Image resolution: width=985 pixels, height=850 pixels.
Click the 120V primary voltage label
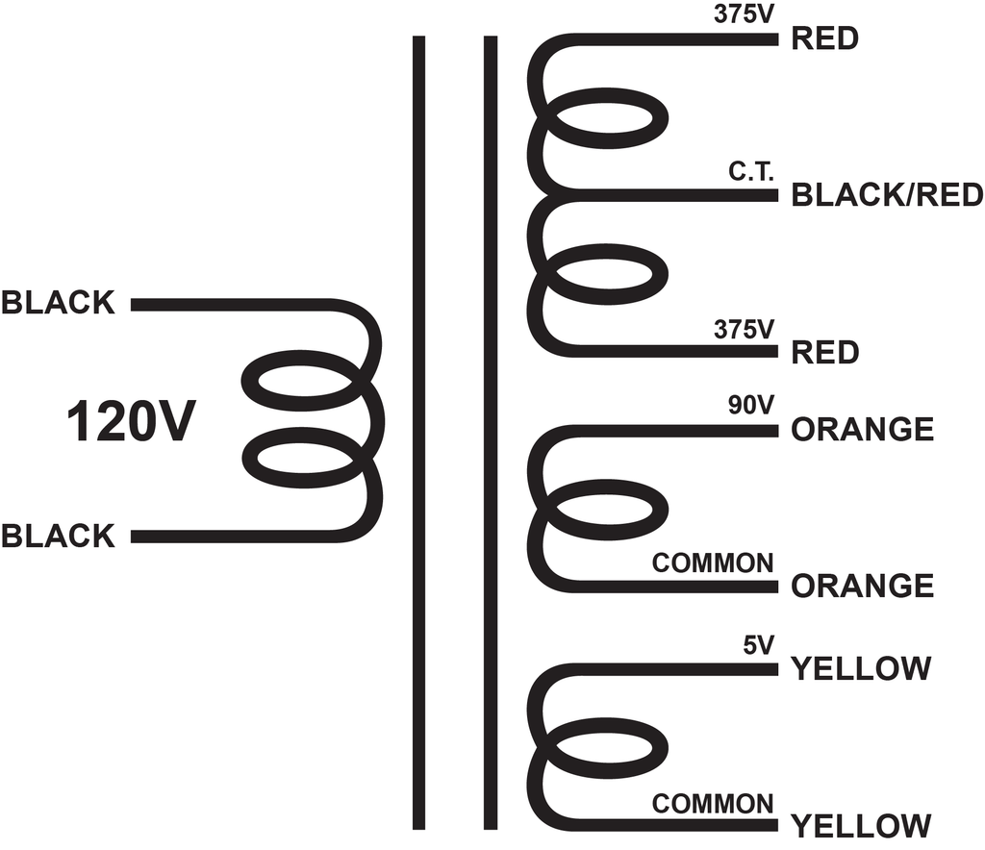pos(131,421)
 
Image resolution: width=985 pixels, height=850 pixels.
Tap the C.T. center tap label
pos(750,171)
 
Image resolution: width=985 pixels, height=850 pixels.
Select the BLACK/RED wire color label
pos(887,195)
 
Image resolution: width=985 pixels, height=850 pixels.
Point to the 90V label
pos(750,406)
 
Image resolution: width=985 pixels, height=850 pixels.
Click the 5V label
pos(758,645)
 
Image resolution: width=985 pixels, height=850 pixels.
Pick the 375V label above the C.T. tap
pos(744,14)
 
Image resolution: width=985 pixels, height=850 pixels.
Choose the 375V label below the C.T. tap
pos(744,329)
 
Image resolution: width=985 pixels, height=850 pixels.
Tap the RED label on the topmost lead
pos(824,38)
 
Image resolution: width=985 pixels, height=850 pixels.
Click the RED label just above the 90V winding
pos(824,352)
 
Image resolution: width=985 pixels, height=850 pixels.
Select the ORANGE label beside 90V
pos(863,430)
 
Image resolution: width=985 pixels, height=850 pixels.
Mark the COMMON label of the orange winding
pos(713,563)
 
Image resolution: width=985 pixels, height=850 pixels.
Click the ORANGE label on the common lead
pos(863,586)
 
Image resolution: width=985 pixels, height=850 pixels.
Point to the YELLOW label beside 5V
pos(861,668)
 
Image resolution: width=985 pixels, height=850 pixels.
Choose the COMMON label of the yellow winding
pos(713,804)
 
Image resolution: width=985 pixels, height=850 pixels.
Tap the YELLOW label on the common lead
pos(861,826)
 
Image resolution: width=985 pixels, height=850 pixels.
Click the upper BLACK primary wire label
pos(58,303)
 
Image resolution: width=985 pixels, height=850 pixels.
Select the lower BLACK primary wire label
pos(58,537)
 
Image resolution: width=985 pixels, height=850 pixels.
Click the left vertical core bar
pos(419,433)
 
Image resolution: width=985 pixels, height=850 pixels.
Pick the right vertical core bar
pos(491,433)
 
